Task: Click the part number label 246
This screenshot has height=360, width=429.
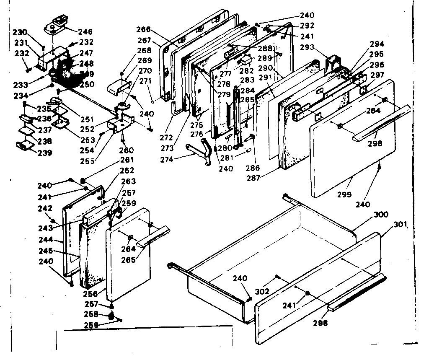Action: [85, 31]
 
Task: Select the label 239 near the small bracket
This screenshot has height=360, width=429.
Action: [44, 153]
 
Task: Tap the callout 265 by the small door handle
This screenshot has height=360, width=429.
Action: [128, 260]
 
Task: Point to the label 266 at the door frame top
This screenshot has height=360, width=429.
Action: [144, 29]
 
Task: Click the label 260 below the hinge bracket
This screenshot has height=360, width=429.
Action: [127, 150]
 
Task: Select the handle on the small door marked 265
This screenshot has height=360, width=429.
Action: [155, 236]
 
